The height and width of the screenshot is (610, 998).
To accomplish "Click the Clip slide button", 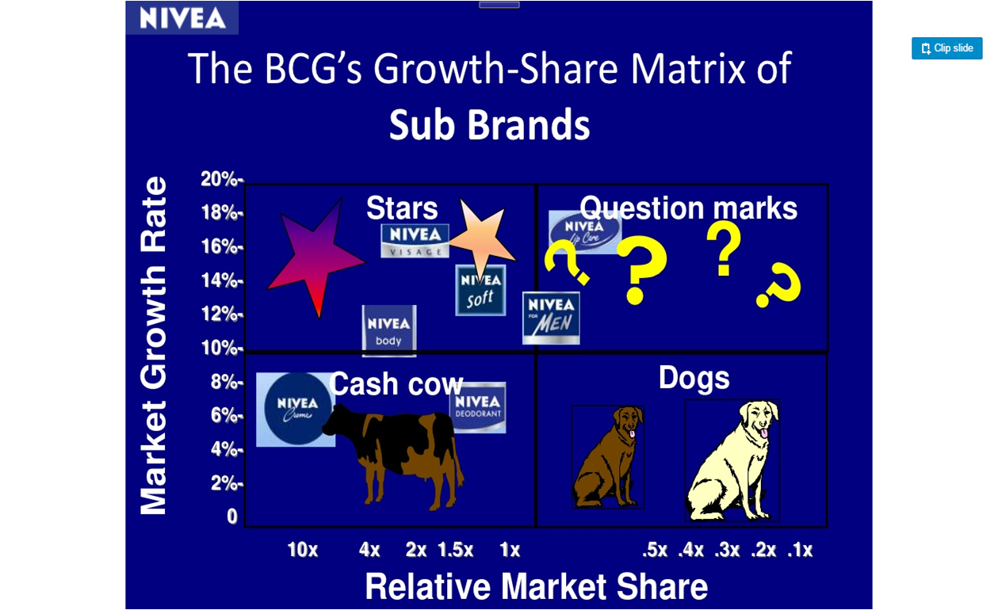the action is [x=946, y=48].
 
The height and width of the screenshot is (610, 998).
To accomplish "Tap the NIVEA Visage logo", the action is [x=415, y=241].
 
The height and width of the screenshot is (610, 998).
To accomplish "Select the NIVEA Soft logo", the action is [x=480, y=290].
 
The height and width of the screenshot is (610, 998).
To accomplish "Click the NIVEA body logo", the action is [x=389, y=331].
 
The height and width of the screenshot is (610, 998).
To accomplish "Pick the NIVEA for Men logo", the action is [x=551, y=318].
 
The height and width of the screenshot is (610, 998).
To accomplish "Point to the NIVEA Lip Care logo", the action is [x=584, y=232].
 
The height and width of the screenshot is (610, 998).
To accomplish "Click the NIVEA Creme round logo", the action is [x=296, y=410].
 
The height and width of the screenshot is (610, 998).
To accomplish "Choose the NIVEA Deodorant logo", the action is [x=478, y=407].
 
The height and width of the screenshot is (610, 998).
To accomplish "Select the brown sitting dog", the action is [x=608, y=457].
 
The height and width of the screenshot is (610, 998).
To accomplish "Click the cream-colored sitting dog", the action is [x=732, y=460].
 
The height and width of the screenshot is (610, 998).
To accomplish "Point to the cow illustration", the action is [x=393, y=456].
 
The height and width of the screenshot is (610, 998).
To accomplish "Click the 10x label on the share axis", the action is [x=303, y=550].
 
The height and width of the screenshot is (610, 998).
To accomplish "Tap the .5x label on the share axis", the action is [x=655, y=550].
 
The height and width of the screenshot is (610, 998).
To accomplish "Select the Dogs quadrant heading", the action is [x=694, y=378].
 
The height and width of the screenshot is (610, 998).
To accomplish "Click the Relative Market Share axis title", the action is [x=537, y=587].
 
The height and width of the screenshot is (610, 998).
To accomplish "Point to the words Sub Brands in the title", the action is [x=490, y=124].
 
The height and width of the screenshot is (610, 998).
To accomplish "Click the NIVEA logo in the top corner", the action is [x=182, y=18].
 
